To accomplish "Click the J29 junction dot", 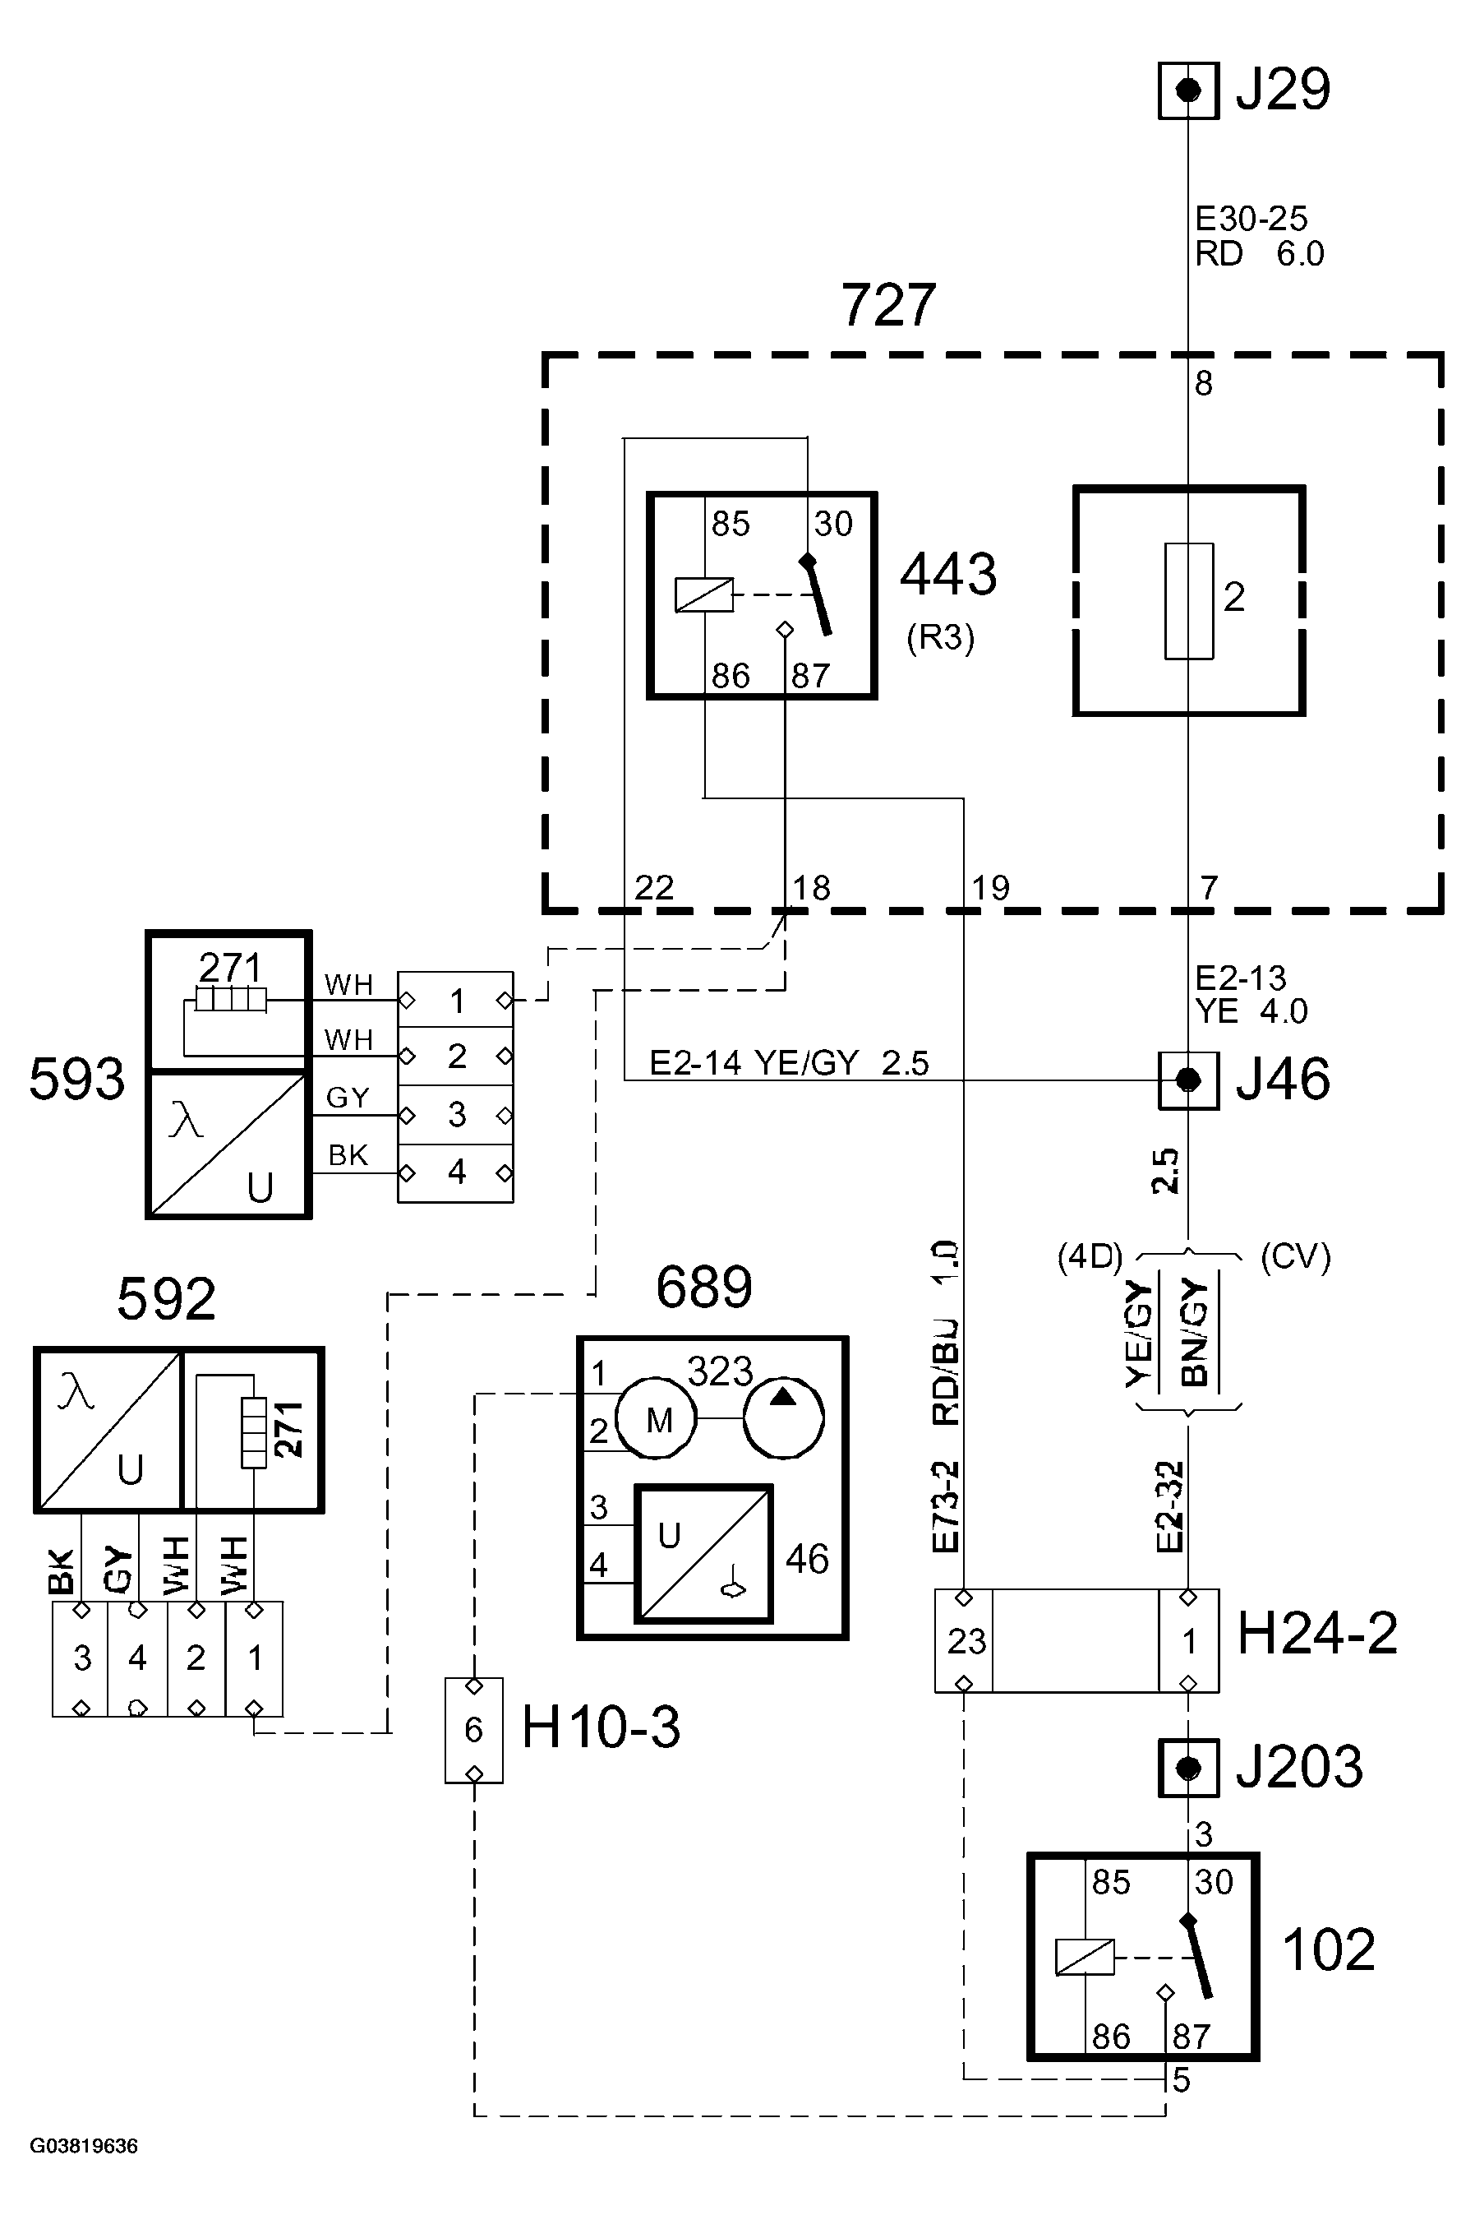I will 1189,90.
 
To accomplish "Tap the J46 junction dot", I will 1189,1080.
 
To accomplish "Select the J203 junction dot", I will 1189,1767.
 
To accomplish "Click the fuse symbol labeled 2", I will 1189,600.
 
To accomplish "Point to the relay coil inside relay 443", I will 703,594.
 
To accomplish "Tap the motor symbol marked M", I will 657,1419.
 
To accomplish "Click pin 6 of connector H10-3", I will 474,1729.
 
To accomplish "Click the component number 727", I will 888,305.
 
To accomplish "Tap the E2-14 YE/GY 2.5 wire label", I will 788,1063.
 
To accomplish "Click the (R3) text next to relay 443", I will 940,638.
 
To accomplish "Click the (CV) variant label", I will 1295,1257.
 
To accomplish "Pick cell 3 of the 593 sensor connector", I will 456,1115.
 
